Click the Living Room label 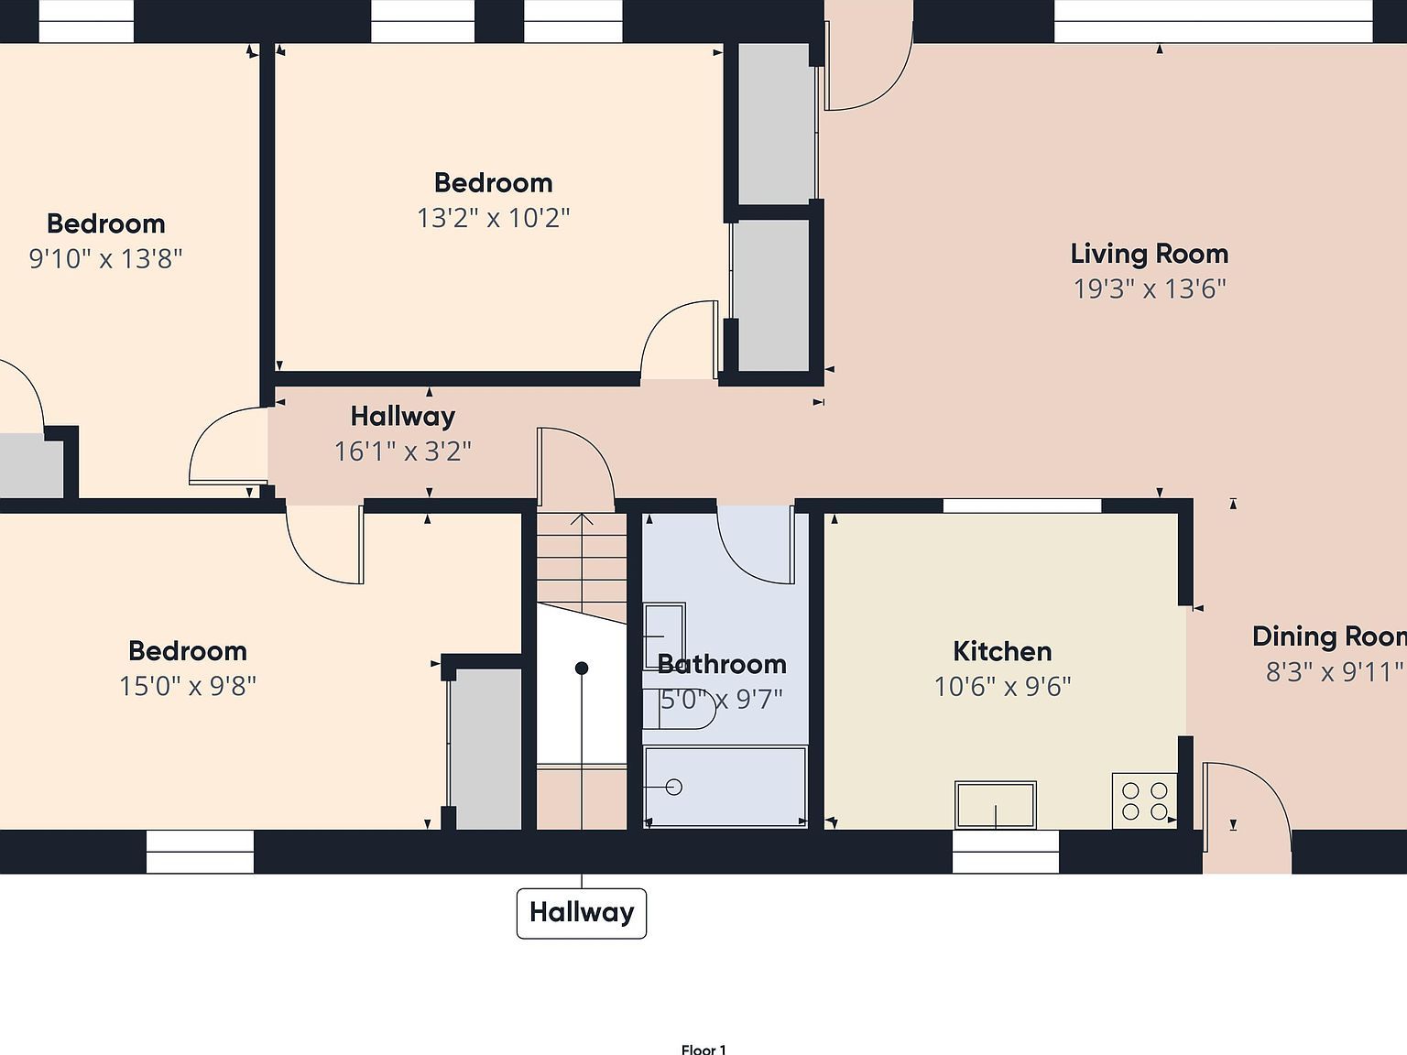[x=1149, y=254]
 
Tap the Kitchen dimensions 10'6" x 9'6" [x=1002, y=686]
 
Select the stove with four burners [x=1144, y=800]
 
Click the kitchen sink [x=995, y=805]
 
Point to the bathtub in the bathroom [x=725, y=787]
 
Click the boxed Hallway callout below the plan [x=582, y=912]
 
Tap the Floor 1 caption [x=703, y=1050]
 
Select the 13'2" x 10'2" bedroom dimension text [x=493, y=218]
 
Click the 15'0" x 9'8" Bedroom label [x=188, y=651]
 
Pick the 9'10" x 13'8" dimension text [x=105, y=258]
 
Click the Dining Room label [x=1328, y=636]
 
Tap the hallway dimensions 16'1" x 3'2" [x=402, y=451]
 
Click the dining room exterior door [x=1246, y=815]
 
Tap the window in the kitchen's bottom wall [x=1005, y=851]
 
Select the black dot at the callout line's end [x=582, y=669]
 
